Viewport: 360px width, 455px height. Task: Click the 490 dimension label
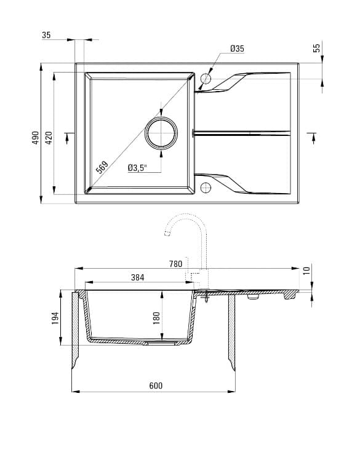pyautogui.click(x=36, y=138)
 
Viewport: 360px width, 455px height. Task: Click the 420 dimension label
pyautogui.click(x=49, y=138)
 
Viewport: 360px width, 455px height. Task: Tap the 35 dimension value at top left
pyautogui.click(x=46, y=35)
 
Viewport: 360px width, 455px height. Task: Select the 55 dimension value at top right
pyautogui.click(x=317, y=48)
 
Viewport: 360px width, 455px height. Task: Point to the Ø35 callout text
pyautogui.click(x=238, y=49)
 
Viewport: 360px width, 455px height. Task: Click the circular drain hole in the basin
pyautogui.click(x=161, y=133)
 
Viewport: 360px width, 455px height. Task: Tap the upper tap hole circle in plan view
pyautogui.click(x=206, y=79)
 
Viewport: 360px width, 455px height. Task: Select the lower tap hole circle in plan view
pyautogui.click(x=206, y=187)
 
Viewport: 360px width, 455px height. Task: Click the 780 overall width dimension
pyautogui.click(x=175, y=264)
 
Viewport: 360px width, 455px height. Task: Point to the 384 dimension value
pyautogui.click(x=137, y=277)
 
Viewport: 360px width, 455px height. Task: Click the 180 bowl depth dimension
pyautogui.click(x=156, y=317)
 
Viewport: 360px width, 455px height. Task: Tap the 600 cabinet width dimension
pyautogui.click(x=156, y=386)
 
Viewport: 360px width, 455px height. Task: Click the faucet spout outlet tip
pyautogui.click(x=166, y=234)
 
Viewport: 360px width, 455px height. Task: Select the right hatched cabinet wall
pyautogui.click(x=232, y=332)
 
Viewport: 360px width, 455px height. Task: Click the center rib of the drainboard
pyautogui.click(x=243, y=133)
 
